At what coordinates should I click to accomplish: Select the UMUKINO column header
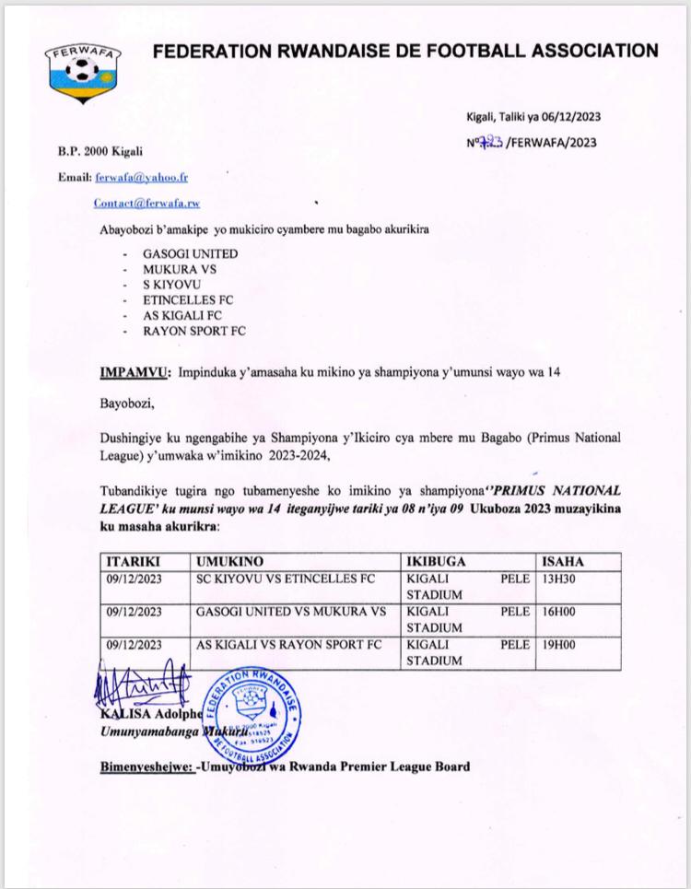point(229,561)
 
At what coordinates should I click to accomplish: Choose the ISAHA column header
point(563,561)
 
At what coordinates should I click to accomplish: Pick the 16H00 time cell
point(557,611)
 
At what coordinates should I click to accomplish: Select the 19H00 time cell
point(557,644)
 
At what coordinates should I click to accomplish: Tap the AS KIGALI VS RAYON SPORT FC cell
point(288,644)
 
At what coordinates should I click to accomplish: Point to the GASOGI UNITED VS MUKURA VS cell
point(291,611)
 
